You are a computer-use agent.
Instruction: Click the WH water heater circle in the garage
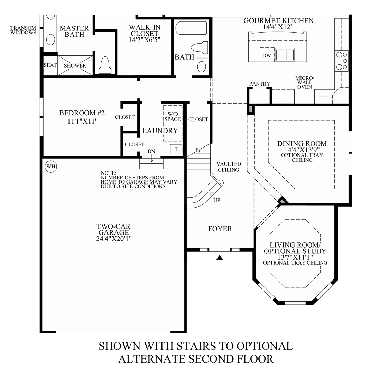coord(51,167)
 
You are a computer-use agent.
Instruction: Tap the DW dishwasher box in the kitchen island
coord(267,55)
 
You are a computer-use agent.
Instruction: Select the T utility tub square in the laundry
coord(176,149)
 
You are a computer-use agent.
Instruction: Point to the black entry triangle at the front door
coord(219,257)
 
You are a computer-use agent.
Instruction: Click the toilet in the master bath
coord(105,65)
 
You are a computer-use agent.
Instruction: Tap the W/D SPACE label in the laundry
coord(172,116)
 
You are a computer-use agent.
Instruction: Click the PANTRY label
coord(259,84)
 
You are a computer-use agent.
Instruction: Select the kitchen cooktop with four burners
coord(341,61)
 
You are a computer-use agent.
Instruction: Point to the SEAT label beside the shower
coord(50,65)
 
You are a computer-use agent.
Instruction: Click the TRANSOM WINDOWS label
coord(23,30)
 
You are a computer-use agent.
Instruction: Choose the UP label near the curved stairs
coord(217,200)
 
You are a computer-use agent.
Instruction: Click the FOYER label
coord(220,229)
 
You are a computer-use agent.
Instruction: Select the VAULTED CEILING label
coord(228,167)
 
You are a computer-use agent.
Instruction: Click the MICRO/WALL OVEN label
coord(304,82)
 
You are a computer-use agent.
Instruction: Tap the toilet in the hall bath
coord(198,47)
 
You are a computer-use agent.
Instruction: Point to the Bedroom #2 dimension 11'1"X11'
coord(82,122)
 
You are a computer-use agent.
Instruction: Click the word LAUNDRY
coord(160,131)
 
